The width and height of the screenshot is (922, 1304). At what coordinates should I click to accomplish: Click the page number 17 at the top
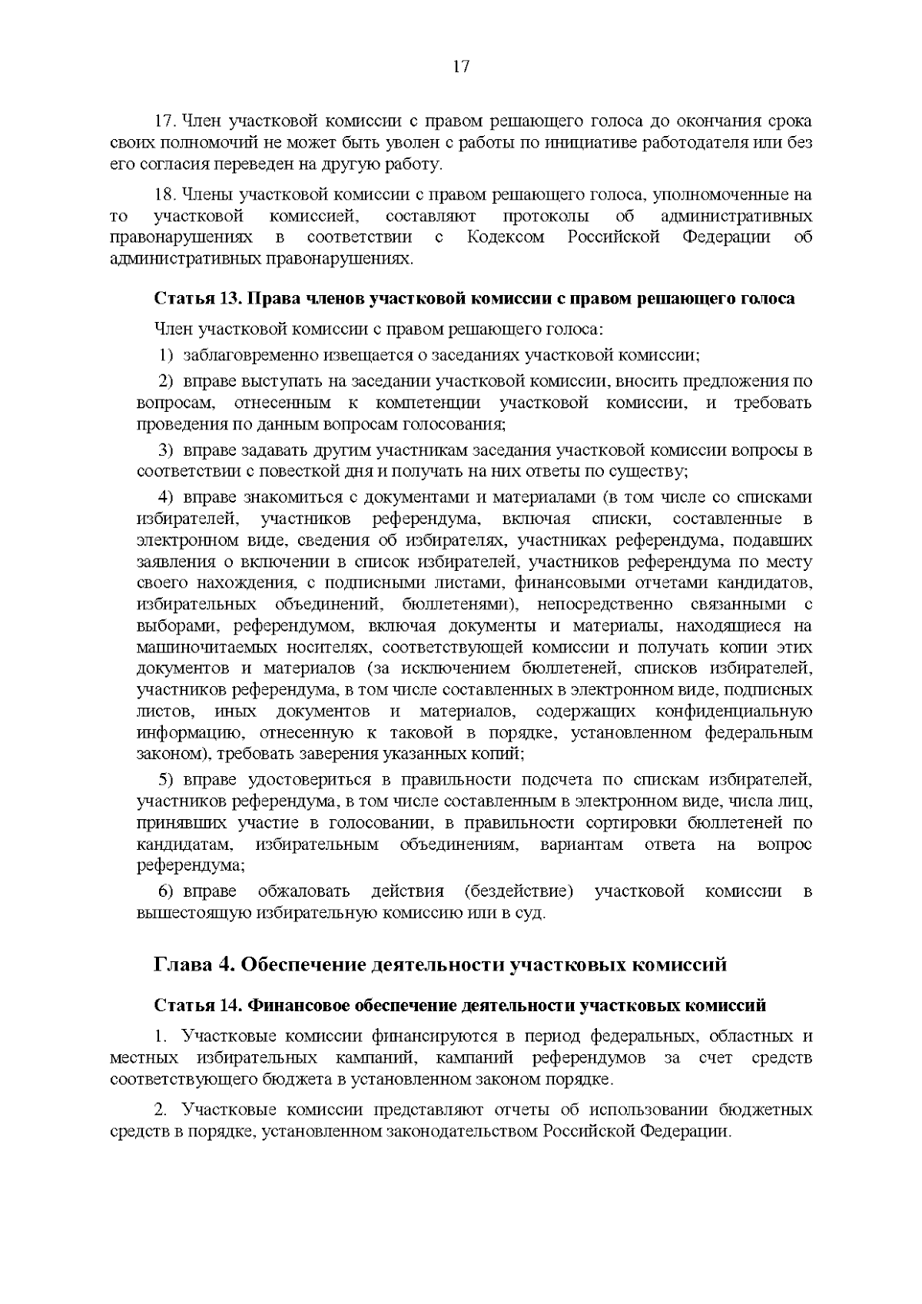point(461,66)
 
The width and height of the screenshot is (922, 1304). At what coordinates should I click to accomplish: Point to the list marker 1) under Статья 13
point(166,355)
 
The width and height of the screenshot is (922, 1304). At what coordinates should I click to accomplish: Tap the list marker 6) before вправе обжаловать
point(166,891)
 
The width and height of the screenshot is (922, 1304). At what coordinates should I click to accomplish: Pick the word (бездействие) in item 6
point(519,891)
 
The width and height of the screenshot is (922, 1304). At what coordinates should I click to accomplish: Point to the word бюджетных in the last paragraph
point(765,1110)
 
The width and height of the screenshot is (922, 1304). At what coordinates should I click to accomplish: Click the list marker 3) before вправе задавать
point(166,449)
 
